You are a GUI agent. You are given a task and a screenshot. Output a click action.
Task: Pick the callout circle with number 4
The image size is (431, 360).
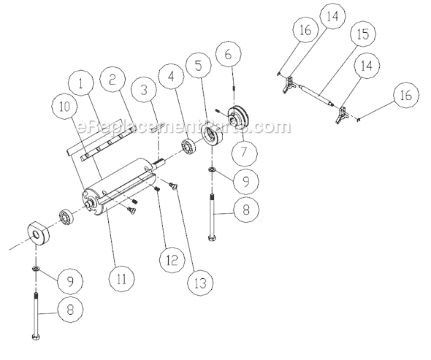[x=170, y=76]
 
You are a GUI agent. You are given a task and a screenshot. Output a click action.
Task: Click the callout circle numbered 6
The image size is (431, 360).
[x=228, y=53]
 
